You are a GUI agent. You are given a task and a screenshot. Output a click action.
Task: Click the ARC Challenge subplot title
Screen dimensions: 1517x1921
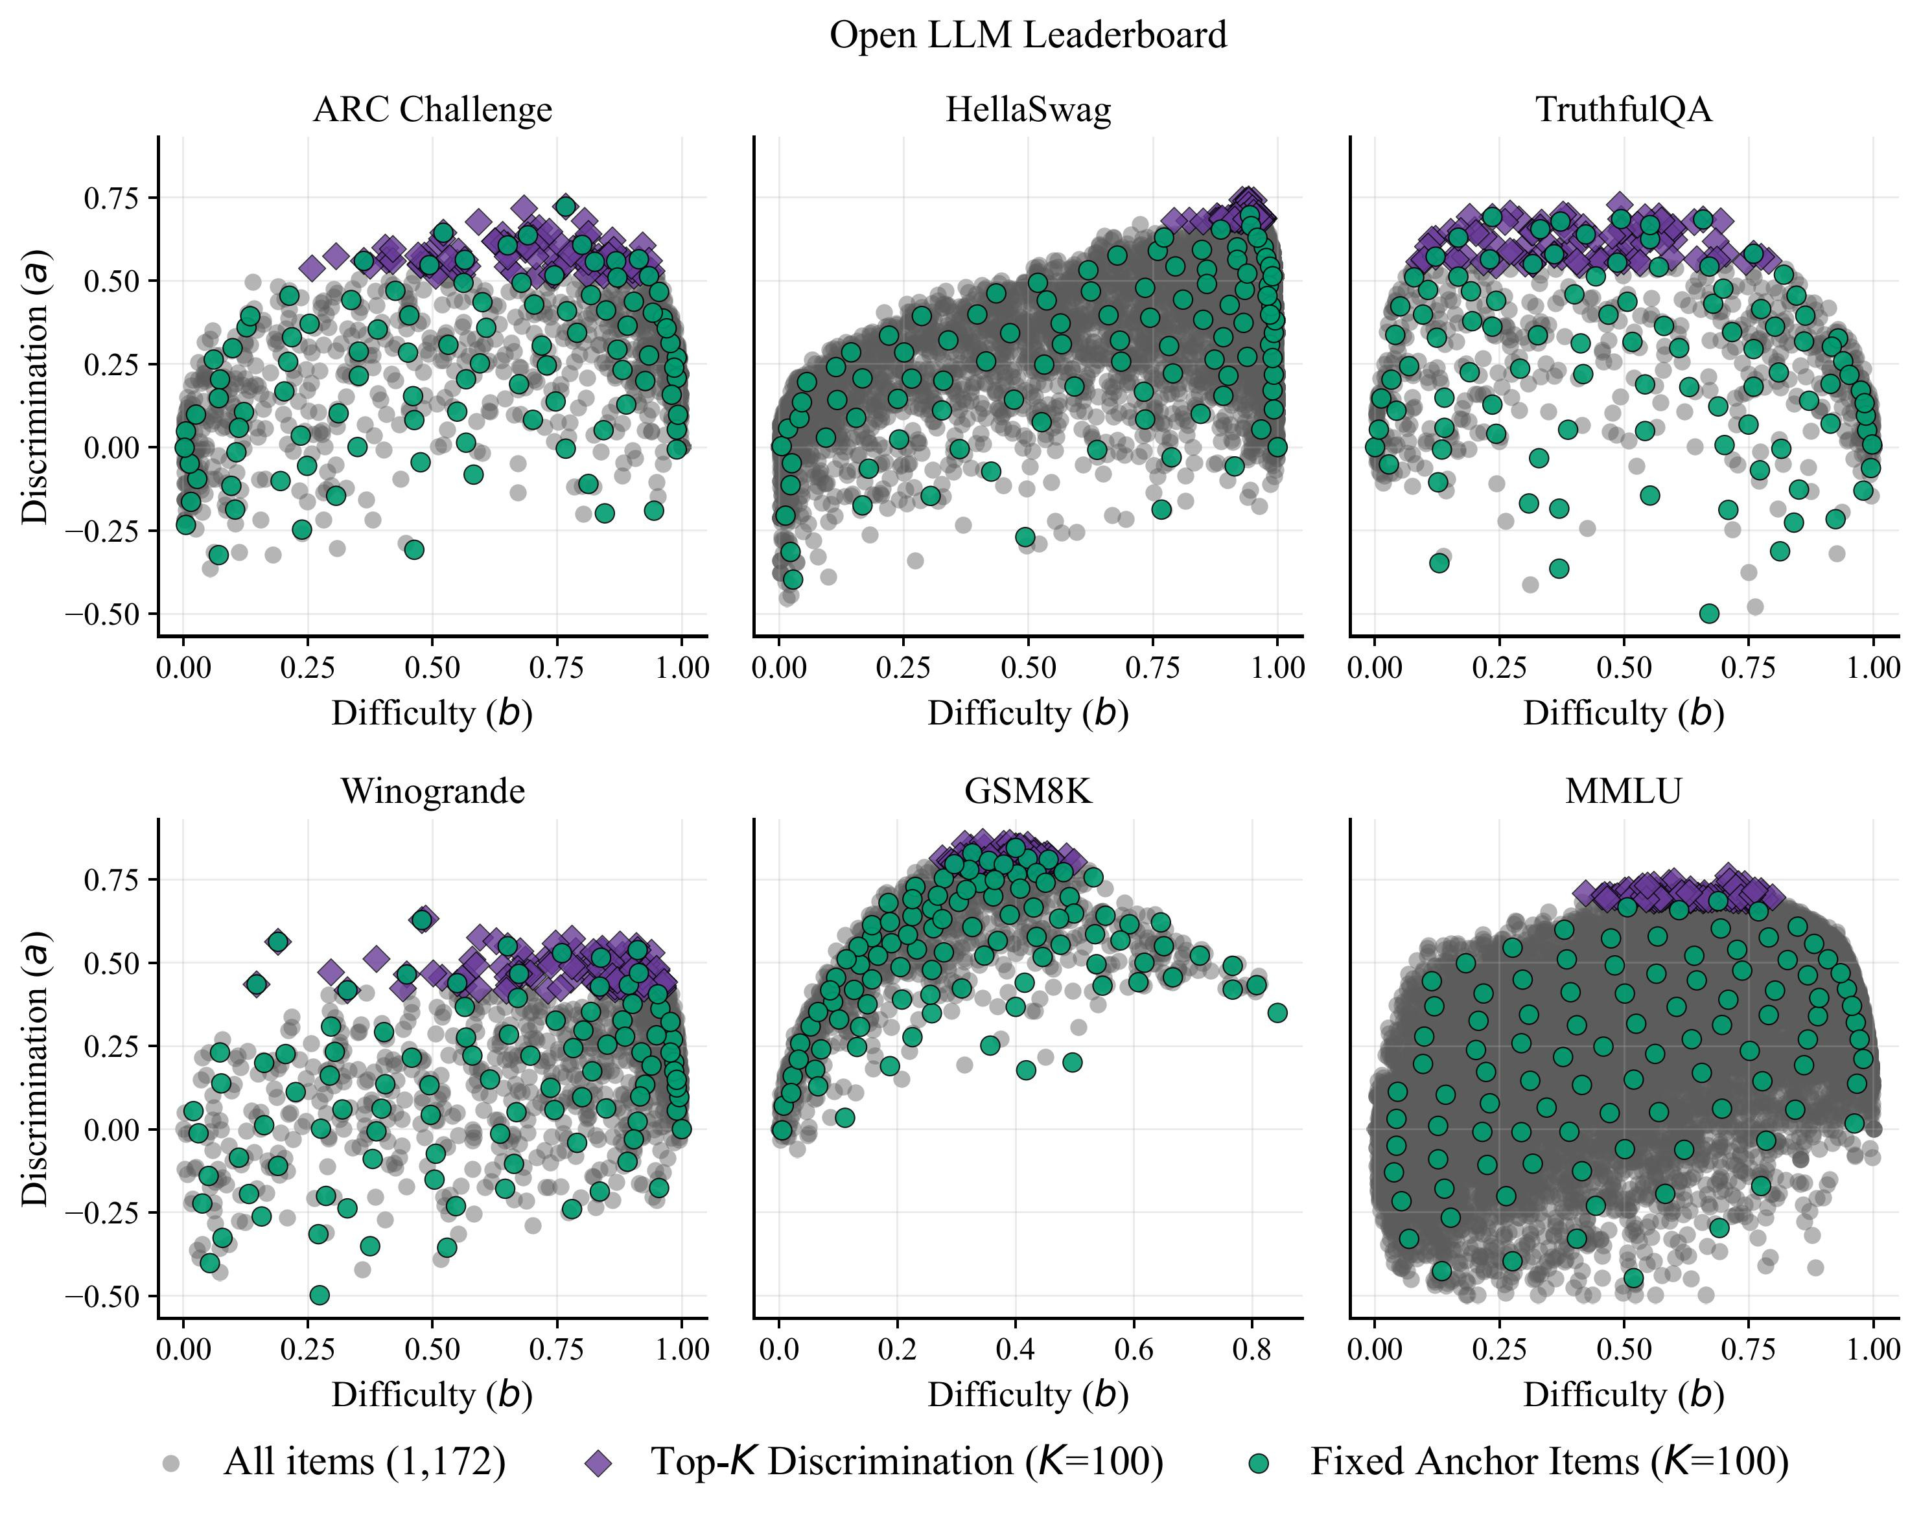(432, 110)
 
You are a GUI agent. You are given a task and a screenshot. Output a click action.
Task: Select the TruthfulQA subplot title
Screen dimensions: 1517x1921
(1624, 110)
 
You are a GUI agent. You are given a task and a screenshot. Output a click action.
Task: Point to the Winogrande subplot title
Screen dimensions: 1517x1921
(432, 791)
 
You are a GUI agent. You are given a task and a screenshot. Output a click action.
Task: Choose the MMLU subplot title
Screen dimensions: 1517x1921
(1624, 791)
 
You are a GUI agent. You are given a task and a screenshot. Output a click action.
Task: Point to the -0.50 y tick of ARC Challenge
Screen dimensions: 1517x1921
(100, 614)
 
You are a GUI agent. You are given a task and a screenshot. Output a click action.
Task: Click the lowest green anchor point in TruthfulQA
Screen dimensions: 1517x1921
(1708, 614)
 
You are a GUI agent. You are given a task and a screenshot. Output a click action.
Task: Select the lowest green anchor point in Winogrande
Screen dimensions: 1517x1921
(320, 1295)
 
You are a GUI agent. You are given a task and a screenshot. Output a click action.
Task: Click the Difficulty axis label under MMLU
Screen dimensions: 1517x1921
(1624, 1395)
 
